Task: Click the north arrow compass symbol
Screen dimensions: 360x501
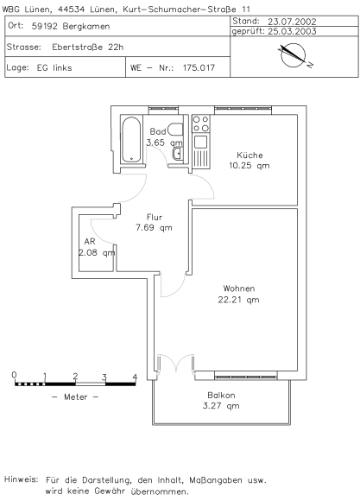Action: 294,55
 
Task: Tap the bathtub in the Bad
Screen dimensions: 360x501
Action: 131,140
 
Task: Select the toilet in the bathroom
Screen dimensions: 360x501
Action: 175,130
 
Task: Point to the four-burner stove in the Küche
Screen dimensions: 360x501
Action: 200,124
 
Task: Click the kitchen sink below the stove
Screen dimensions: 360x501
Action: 200,142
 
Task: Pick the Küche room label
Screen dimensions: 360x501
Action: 249,155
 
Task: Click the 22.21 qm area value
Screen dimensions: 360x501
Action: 238,300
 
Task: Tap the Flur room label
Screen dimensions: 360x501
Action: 155,218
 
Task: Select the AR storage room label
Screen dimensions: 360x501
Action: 90,241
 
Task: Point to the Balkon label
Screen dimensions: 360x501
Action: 221,396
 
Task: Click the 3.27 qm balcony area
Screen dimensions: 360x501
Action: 221,406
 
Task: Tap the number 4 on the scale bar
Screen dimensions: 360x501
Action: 135,377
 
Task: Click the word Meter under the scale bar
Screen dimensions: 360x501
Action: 75,396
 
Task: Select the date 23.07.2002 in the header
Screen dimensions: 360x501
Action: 292,22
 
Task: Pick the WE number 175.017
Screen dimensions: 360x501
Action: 199,67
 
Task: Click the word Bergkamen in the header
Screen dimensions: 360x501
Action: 86,26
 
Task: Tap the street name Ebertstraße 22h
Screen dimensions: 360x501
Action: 88,47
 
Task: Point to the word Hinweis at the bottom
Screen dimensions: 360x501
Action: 21,479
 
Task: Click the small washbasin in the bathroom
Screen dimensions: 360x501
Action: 178,154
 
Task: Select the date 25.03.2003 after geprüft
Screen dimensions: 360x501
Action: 292,31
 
